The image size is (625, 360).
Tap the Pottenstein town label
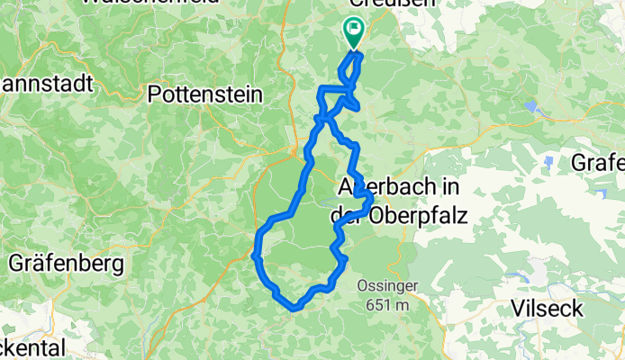(204, 94)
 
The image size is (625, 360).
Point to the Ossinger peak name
(389, 287)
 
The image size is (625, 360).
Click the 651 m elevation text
(388, 305)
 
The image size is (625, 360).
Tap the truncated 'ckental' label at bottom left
(32, 349)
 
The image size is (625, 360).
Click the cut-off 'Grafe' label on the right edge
(598, 164)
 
